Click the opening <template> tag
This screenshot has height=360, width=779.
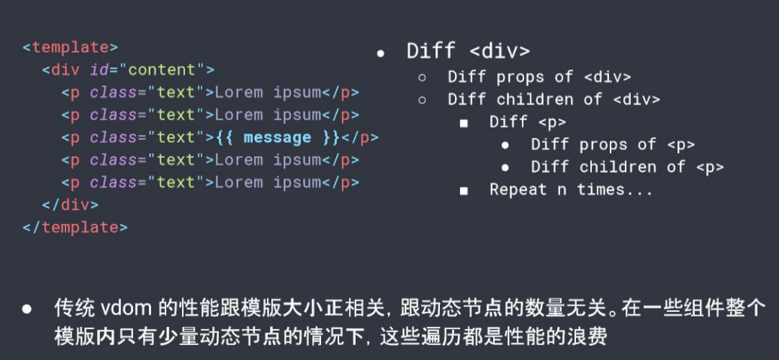click(x=70, y=47)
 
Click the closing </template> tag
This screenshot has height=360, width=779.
click(x=74, y=227)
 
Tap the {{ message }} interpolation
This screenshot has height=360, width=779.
click(x=277, y=138)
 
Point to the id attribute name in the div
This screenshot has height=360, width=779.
click(x=98, y=70)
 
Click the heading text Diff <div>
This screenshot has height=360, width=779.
click(x=468, y=51)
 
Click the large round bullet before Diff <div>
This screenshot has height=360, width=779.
click(x=380, y=54)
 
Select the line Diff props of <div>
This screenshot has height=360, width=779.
click(x=538, y=77)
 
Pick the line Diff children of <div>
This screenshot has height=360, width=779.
click(x=553, y=99)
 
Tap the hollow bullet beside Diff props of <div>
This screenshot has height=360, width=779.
click(x=422, y=77)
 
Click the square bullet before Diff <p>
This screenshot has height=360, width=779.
click(x=463, y=123)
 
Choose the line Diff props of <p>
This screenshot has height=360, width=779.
click(x=612, y=144)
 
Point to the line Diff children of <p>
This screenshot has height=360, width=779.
click(x=627, y=167)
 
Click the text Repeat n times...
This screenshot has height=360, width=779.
click(x=571, y=189)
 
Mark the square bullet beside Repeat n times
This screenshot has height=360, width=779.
click(x=463, y=191)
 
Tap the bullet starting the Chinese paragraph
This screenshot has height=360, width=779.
click(x=27, y=309)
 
